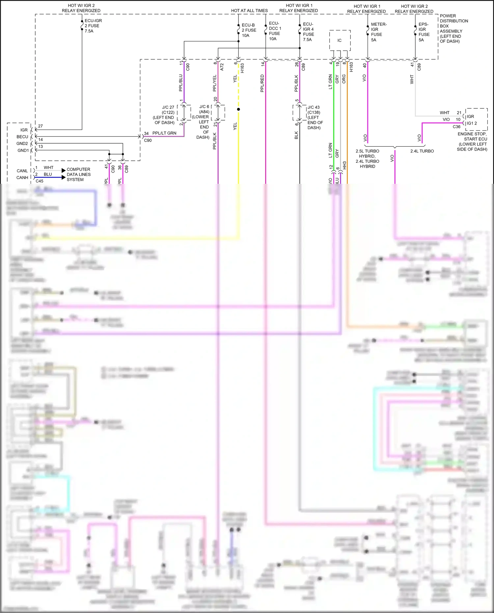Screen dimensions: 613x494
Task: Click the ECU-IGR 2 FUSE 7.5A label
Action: pyautogui.click(x=93, y=26)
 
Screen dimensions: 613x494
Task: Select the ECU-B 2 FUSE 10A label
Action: pyautogui.click(x=249, y=30)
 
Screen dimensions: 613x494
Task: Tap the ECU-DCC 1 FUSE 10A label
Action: pyautogui.click(x=275, y=31)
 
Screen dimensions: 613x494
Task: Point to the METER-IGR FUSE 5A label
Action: pyautogui.click(x=378, y=32)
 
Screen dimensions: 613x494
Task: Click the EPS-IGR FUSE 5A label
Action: pyautogui.click(x=424, y=32)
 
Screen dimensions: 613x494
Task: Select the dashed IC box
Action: pyautogui.click(x=340, y=41)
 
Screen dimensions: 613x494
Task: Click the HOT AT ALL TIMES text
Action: pyautogui.click(x=249, y=11)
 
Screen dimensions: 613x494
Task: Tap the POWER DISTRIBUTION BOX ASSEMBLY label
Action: pyautogui.click(x=453, y=28)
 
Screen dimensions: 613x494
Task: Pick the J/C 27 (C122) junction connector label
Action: pyautogui.click(x=164, y=115)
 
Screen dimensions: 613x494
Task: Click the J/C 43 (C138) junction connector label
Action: pyautogui.click(x=315, y=117)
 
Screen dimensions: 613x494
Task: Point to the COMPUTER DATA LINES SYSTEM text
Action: pyautogui.click(x=78, y=175)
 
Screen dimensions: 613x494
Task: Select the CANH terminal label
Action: pyautogui.click(x=22, y=178)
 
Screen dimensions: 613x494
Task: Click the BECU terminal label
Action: pyautogui.click(x=22, y=137)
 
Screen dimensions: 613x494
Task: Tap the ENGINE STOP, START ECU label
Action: pyautogui.click(x=472, y=142)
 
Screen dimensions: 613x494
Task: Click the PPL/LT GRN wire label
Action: pyautogui.click(x=164, y=133)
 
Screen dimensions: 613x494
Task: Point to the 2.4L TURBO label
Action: pyautogui.click(x=422, y=151)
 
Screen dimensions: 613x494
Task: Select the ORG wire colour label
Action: pyautogui.click(x=344, y=79)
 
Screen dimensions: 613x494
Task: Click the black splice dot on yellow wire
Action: pyautogui.click(x=238, y=109)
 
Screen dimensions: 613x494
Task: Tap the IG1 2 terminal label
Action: pyautogui.click(x=472, y=123)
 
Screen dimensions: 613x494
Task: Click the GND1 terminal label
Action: pyautogui.click(x=23, y=151)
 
